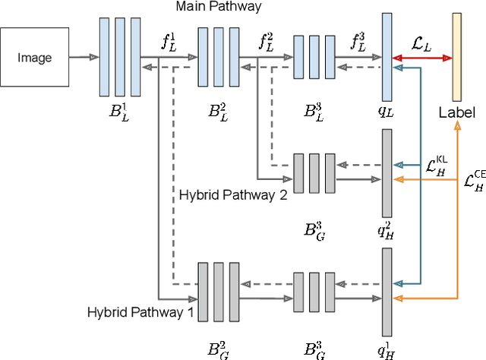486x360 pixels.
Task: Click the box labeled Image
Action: coord(35,57)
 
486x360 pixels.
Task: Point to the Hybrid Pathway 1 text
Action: coord(141,311)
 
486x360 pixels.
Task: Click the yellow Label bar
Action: coord(457,57)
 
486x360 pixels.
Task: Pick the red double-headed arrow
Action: coord(422,58)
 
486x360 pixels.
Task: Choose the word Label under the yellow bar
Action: coord(457,112)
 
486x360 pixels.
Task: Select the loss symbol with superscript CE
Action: coord(474,182)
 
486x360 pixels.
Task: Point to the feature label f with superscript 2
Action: coord(267,43)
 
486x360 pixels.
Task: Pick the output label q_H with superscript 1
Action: coord(387,349)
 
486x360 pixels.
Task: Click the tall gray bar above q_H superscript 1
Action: coord(387,292)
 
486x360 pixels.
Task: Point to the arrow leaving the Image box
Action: coord(84,57)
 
